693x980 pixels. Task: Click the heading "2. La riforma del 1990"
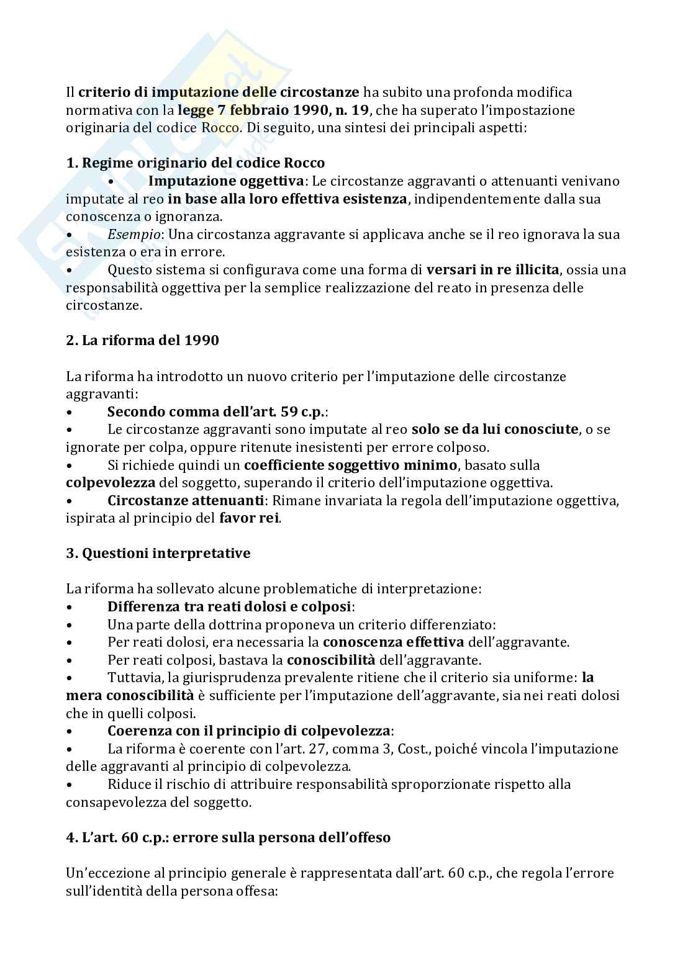142,341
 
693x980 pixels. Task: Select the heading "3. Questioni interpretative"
158,553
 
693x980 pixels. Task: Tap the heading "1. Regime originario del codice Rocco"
196,163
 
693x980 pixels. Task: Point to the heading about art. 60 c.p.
229,837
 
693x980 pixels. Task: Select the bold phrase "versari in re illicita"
493,270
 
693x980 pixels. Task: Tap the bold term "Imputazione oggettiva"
227,181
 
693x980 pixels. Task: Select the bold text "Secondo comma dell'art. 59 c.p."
217,411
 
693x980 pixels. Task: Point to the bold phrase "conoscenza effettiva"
393,642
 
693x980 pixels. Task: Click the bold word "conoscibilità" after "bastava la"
330,660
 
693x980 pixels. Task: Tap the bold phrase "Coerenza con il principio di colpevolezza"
250,731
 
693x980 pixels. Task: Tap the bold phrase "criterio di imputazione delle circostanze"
219,92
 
